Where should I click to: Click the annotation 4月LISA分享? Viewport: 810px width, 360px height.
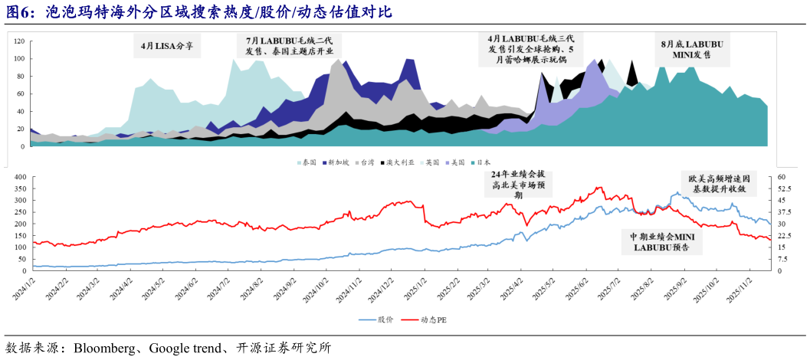pyautogui.click(x=167, y=46)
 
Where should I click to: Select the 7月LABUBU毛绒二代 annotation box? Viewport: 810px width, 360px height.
pyautogui.click(x=289, y=46)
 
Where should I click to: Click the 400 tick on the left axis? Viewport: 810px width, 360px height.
pyautogui.click(x=18, y=177)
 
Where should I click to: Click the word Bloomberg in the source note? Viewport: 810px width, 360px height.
pyautogui.click(x=105, y=349)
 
